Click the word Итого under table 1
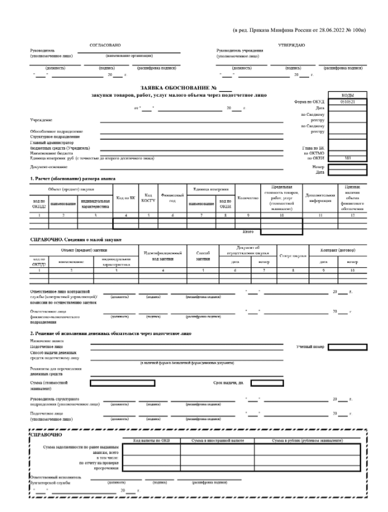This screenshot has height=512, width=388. (249, 231)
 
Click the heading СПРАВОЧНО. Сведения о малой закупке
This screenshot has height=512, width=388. (76, 238)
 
